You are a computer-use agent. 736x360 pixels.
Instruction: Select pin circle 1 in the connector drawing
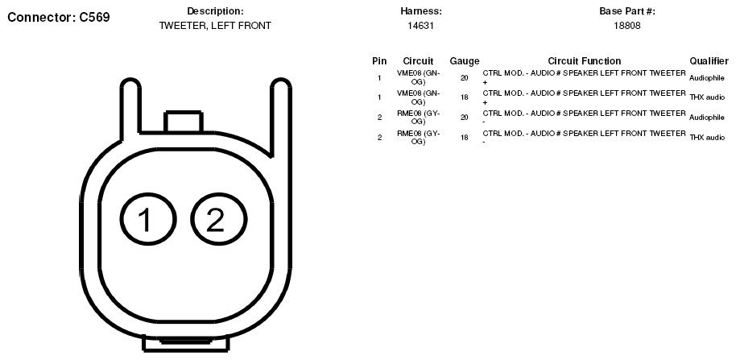tap(148, 219)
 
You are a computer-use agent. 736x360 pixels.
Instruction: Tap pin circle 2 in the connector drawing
tap(219, 219)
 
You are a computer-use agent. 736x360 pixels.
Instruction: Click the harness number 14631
tap(420, 26)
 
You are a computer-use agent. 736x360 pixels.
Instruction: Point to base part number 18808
tap(627, 26)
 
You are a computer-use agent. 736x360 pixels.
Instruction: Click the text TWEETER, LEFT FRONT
tap(216, 26)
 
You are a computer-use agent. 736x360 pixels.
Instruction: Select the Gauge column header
tap(464, 61)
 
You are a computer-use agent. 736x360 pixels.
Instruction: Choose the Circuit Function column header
tap(585, 61)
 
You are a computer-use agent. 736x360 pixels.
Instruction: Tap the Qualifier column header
tap(709, 61)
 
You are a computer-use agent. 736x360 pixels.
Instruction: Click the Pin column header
tap(379, 61)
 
